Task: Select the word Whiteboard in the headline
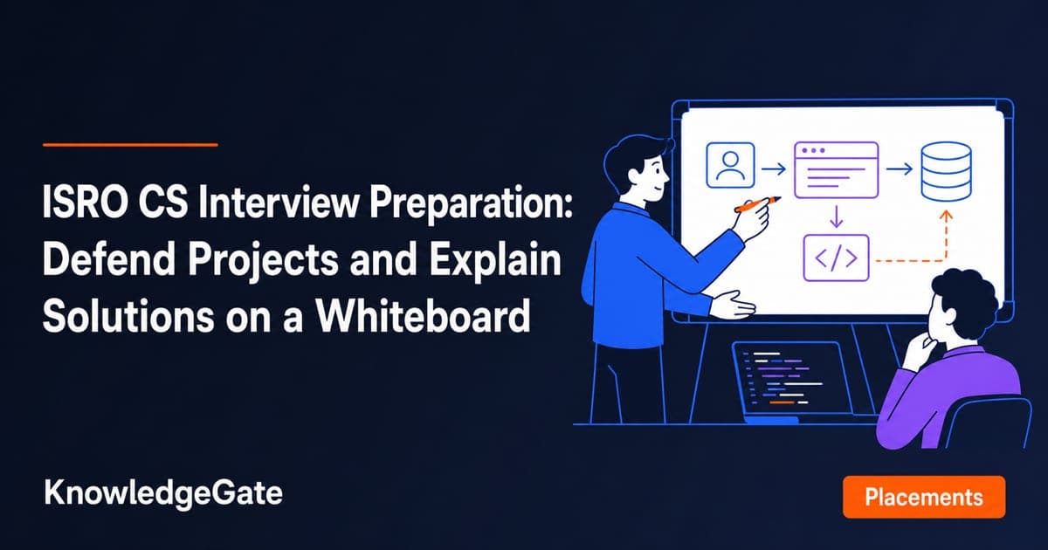pyautogui.click(x=423, y=316)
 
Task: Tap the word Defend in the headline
pyautogui.click(x=108, y=259)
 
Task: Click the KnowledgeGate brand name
pyautogui.click(x=163, y=494)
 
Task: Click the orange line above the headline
pyautogui.click(x=130, y=145)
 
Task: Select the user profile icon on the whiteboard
pyautogui.click(x=730, y=165)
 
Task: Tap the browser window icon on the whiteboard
pyautogui.click(x=836, y=169)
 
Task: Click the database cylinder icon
pyautogui.click(x=946, y=172)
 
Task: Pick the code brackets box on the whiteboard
pyautogui.click(x=836, y=258)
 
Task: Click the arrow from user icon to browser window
pyautogui.click(x=774, y=168)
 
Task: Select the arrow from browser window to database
pyautogui.click(x=900, y=168)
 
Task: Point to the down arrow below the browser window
pyautogui.click(x=836, y=217)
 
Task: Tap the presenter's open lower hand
pyautogui.click(x=733, y=306)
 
